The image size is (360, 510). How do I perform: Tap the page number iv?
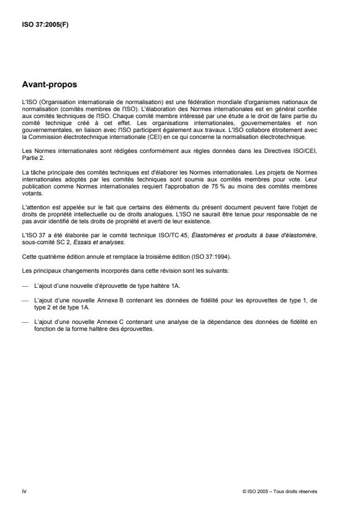coord(24,491)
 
